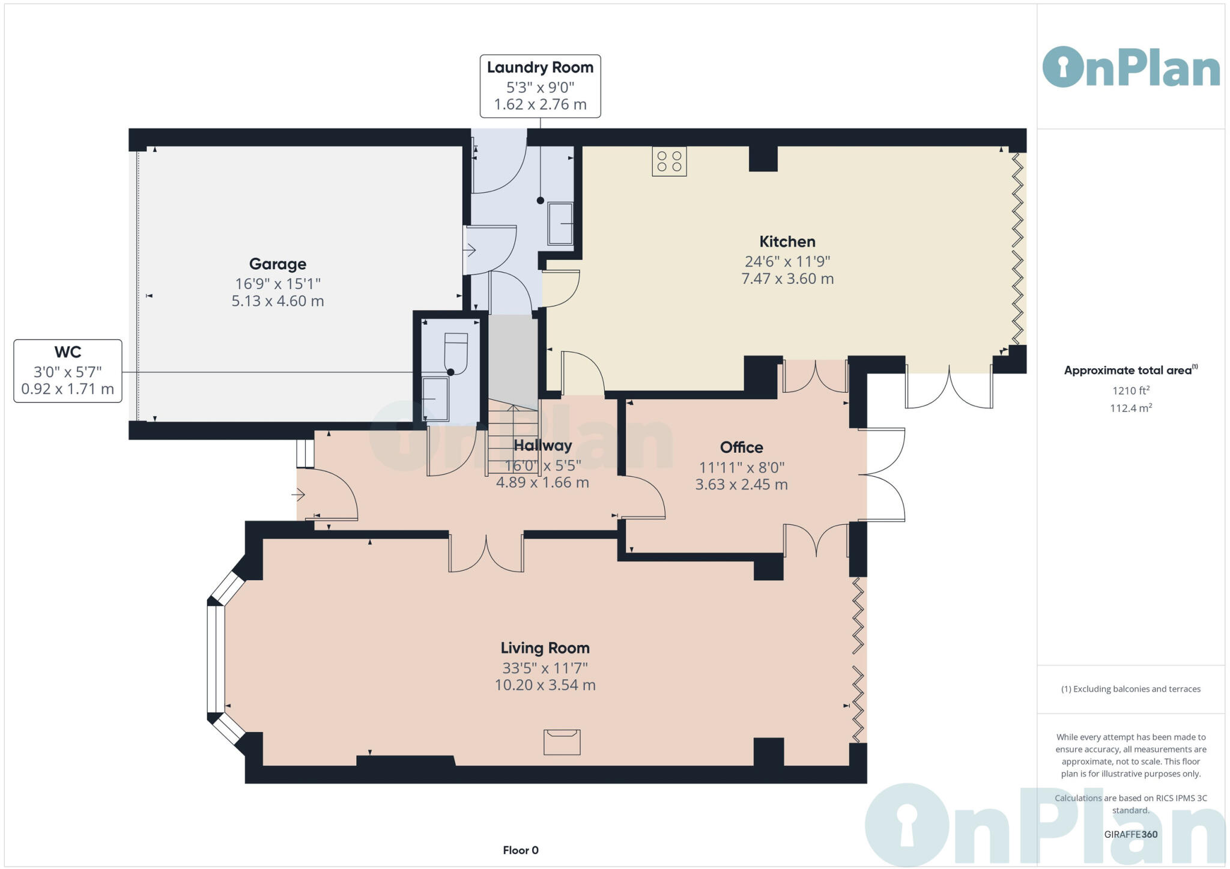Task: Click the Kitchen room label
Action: point(787,241)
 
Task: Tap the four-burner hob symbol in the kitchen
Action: point(669,161)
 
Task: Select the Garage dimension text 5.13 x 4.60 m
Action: point(277,301)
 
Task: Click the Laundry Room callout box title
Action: point(540,67)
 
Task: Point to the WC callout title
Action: point(67,352)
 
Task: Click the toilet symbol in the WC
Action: point(455,353)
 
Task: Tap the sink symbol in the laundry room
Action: point(560,224)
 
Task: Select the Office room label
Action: point(741,447)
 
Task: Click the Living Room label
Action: point(545,648)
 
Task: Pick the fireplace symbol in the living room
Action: point(562,742)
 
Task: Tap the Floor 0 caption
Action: point(520,850)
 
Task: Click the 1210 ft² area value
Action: point(1130,391)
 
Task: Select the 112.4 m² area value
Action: point(1130,408)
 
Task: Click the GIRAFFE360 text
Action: point(1130,834)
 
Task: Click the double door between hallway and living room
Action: point(486,551)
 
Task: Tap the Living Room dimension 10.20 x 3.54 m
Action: point(545,685)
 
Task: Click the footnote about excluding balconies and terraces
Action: point(1130,689)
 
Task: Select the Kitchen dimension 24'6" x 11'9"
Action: point(787,261)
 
